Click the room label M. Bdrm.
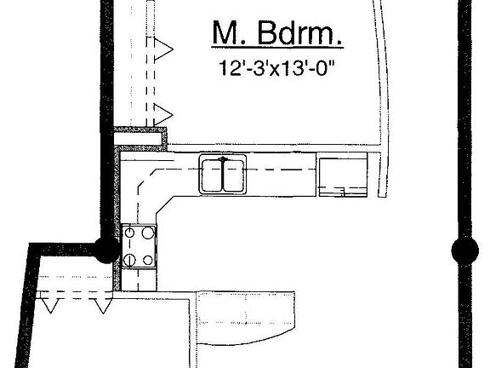(x=276, y=33)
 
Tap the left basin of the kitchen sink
(x=212, y=175)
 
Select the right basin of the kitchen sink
(x=233, y=175)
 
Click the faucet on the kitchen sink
(x=223, y=159)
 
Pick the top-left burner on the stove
(x=129, y=233)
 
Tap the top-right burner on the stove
(x=148, y=233)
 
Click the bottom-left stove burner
(x=129, y=260)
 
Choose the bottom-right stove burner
(x=148, y=260)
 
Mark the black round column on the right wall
(x=465, y=250)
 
